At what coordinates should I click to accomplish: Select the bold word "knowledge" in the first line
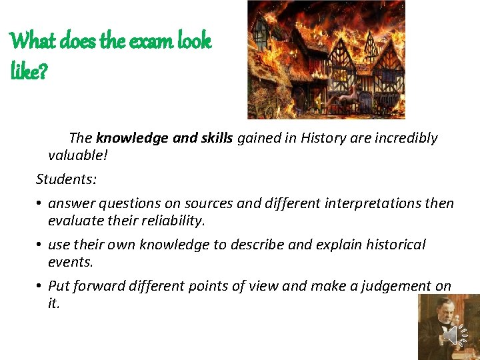click(x=132, y=138)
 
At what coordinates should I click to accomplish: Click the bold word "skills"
click(x=211, y=138)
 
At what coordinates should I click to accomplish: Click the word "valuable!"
click(x=77, y=155)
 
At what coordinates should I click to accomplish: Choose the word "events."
click(x=71, y=262)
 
